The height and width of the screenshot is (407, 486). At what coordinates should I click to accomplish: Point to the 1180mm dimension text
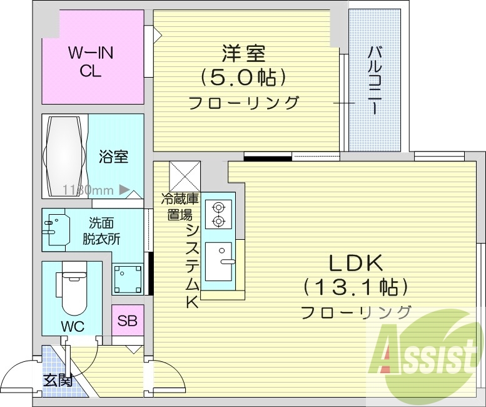tap(88, 190)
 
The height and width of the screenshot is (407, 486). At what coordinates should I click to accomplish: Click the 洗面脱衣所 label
tap(101, 231)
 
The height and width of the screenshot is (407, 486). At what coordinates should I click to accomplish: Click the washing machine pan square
tap(128, 279)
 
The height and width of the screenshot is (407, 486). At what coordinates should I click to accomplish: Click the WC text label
tap(73, 326)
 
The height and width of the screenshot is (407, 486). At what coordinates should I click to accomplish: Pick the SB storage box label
tap(128, 321)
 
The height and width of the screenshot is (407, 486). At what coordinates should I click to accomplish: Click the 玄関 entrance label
tap(58, 381)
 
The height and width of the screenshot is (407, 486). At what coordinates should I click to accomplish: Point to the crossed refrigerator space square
tap(185, 177)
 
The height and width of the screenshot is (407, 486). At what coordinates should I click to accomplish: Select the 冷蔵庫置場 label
tap(180, 207)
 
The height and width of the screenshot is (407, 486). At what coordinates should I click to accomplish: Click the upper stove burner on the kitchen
tap(218, 207)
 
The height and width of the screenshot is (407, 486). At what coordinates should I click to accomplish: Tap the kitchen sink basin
tap(218, 262)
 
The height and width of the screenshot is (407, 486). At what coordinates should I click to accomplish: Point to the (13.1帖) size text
tap(355, 287)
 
